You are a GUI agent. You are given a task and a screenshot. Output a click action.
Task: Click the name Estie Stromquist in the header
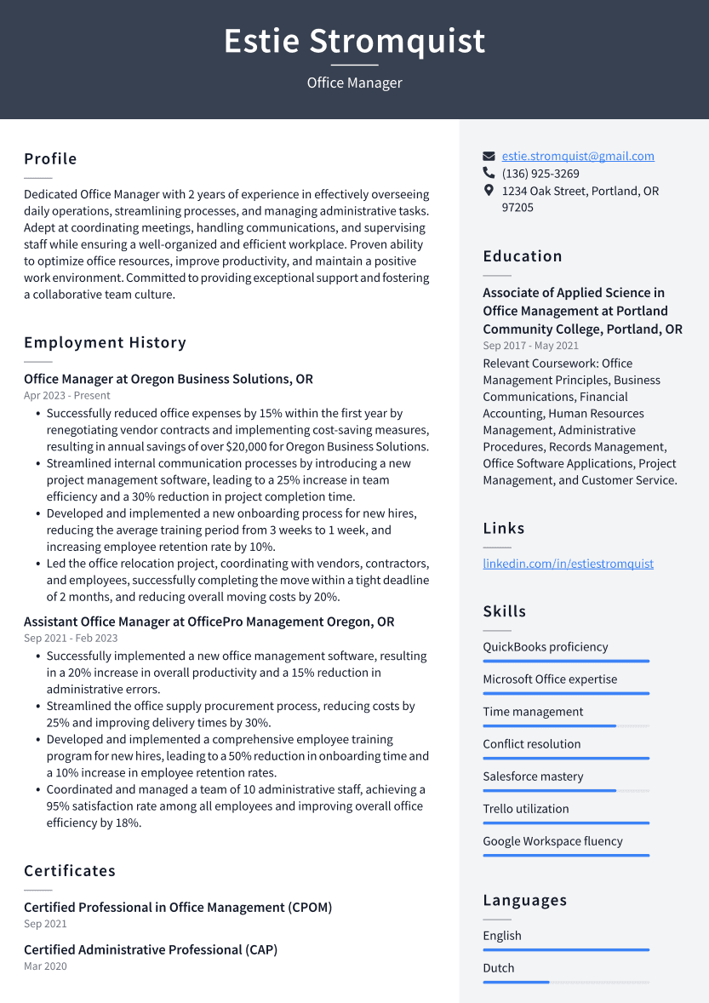pos(354,41)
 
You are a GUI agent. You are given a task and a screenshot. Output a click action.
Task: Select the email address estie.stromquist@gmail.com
pos(578,156)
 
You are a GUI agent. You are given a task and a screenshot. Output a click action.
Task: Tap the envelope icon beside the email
pos(489,157)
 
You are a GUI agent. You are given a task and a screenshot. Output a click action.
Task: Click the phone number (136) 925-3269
pos(540,174)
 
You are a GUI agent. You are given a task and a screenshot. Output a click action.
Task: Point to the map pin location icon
pos(489,191)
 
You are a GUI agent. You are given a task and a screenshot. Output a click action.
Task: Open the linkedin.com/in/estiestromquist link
pos(568,564)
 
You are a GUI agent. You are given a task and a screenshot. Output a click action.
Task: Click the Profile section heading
pos(50,159)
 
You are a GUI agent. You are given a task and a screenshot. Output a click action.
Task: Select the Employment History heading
pos(105,343)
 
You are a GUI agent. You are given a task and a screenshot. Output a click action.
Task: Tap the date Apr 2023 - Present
pos(67,396)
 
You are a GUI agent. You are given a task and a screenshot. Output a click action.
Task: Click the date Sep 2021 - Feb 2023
pos(71,639)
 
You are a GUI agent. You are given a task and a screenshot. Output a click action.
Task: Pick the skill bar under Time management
pos(566,725)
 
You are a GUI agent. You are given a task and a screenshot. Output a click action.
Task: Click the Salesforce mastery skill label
pos(533,777)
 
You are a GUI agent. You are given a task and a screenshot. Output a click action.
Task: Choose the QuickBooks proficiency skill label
pos(545,647)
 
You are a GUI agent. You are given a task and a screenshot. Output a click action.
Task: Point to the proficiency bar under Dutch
pos(566,982)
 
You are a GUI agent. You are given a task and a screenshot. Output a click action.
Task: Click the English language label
pos(502,936)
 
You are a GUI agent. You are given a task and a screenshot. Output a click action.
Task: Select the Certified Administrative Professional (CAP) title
pos(151,949)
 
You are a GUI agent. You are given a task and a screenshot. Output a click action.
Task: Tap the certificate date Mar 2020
pos(45,966)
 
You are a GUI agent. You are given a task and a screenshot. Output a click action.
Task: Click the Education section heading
pos(523,256)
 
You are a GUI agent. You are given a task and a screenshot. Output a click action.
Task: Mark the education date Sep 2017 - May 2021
pos(530,346)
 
